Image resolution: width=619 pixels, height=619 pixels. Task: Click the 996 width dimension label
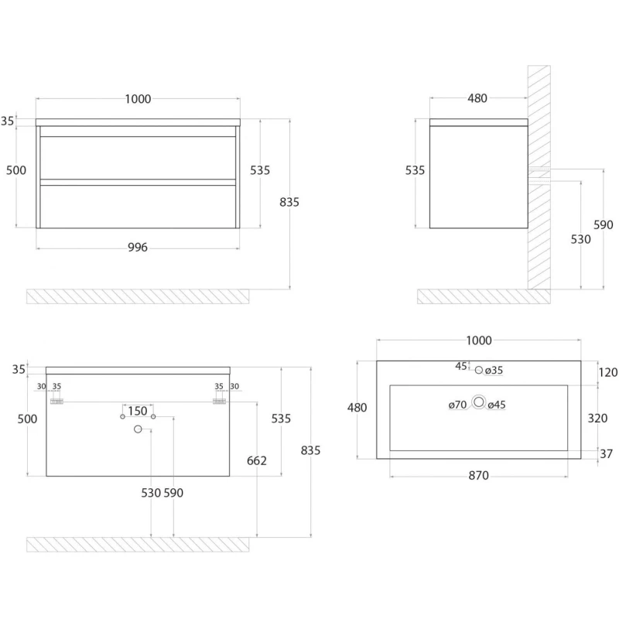(x=138, y=248)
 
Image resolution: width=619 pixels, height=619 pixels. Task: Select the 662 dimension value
(x=257, y=460)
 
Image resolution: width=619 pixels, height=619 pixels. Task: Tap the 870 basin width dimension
(x=478, y=476)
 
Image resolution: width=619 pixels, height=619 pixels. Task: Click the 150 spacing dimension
(x=138, y=411)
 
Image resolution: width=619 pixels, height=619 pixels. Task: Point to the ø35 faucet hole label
(x=494, y=371)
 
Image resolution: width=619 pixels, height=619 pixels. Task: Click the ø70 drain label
(x=457, y=405)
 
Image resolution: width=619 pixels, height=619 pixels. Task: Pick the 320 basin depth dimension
(x=597, y=418)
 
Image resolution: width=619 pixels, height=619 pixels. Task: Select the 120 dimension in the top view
(x=608, y=372)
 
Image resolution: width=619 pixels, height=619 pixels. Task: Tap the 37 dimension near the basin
(x=607, y=454)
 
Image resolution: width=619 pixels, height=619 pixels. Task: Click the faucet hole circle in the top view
(x=479, y=370)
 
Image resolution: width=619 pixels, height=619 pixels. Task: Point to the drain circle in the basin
(x=479, y=402)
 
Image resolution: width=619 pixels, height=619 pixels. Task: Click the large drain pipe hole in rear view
(x=138, y=429)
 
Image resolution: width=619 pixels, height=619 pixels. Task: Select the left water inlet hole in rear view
(x=123, y=416)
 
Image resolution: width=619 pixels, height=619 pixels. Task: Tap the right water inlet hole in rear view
(x=153, y=416)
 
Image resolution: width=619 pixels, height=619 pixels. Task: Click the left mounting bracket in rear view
(x=56, y=402)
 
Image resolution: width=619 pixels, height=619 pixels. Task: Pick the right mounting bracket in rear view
(x=219, y=402)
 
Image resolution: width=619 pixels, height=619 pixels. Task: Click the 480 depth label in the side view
(x=477, y=98)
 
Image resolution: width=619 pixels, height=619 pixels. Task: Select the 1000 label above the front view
(x=138, y=99)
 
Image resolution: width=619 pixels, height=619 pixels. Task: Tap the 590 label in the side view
(x=604, y=225)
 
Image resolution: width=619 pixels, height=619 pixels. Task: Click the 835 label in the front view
(x=289, y=202)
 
